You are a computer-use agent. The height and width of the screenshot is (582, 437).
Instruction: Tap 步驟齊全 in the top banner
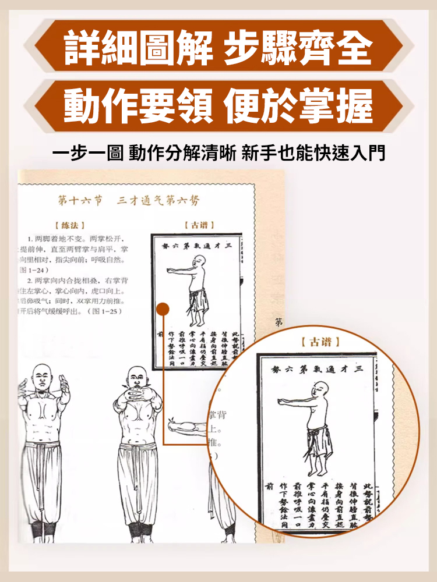[x=297, y=48]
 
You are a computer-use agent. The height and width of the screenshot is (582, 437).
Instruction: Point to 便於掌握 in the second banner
[x=297, y=105]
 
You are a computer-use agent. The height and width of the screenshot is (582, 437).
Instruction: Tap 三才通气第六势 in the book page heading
[x=157, y=201]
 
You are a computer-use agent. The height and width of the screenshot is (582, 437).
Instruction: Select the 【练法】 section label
[x=69, y=225]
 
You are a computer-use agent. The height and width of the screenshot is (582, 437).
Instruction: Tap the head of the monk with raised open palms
[x=41, y=377]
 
